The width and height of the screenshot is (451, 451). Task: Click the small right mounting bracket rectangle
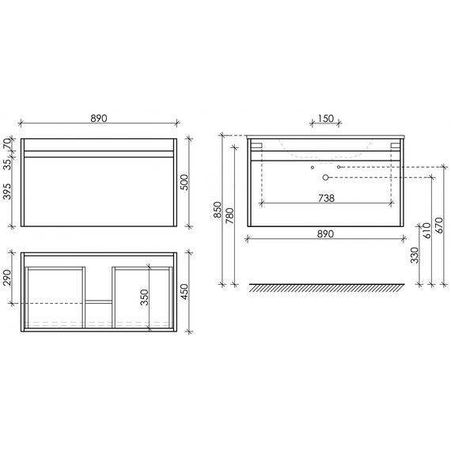pos(395,146)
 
